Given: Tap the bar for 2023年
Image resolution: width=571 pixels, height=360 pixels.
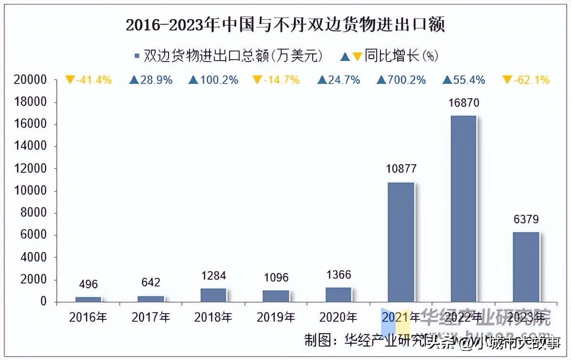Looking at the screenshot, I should coord(526,267).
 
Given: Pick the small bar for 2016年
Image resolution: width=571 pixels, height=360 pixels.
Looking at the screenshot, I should coord(88,299).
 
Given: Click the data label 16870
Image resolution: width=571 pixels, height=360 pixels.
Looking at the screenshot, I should coord(464,103).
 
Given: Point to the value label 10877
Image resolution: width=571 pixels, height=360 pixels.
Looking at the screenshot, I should coord(401,169).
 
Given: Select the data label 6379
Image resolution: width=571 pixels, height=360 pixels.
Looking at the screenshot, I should coord(526,220).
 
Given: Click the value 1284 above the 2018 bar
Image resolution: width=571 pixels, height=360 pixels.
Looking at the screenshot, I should coord(213,275).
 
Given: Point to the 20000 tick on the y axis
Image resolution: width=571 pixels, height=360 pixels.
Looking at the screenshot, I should coord(30,80).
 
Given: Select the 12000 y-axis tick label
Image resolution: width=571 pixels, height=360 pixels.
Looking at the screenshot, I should coord(30,169).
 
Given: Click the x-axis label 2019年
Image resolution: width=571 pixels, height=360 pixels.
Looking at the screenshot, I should coord(276,317).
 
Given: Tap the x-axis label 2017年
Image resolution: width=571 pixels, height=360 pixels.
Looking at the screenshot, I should coord(151,317).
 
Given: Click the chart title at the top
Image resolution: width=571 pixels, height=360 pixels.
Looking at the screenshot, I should coord(285,25).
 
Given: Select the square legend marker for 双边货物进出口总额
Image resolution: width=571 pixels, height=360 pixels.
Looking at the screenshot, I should coord(137,56).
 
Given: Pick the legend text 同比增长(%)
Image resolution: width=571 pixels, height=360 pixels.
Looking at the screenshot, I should coord(401,56).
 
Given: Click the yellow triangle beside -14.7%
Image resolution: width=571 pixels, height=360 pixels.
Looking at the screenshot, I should coord(257,80).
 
